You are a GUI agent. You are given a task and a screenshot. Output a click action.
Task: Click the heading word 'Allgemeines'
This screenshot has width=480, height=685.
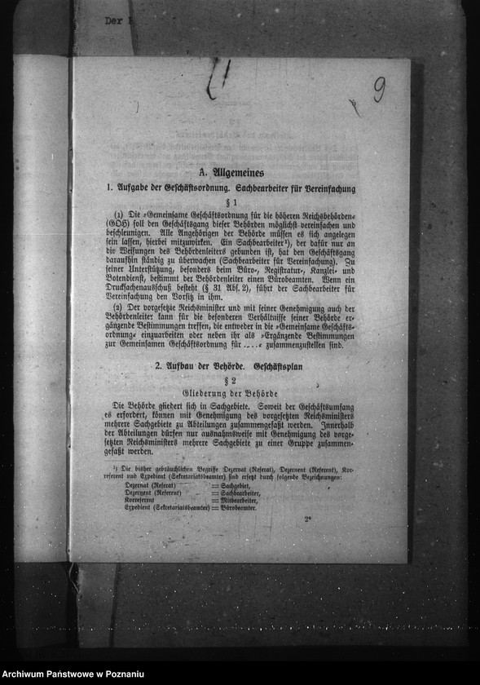coord(236,173)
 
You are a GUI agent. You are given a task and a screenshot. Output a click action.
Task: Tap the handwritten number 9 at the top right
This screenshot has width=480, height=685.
coord(379,89)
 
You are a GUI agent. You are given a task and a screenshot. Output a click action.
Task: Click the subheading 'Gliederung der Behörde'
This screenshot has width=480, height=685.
coord(230,394)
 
